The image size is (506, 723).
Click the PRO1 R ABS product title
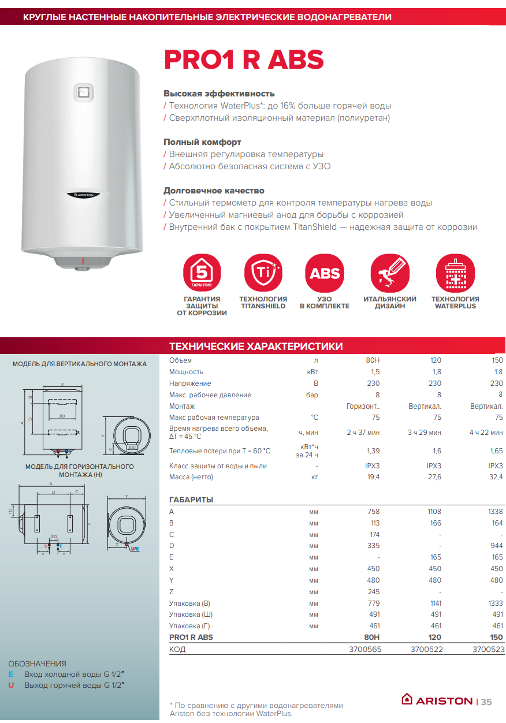pyautogui.click(x=243, y=60)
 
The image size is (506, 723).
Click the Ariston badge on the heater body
pyautogui.click(x=84, y=195)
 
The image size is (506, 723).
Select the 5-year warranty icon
pyautogui.click(x=202, y=273)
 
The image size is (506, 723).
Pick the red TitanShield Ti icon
pyautogui.click(x=263, y=273)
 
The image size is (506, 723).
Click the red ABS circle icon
pyautogui.click(x=325, y=273)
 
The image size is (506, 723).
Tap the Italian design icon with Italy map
pyautogui.click(x=389, y=273)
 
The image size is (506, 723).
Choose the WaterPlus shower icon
pyautogui.click(x=455, y=273)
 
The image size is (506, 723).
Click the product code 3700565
pyautogui.click(x=365, y=649)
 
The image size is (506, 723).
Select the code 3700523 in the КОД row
pyautogui.click(x=488, y=649)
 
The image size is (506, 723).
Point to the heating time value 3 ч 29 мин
pyautogui.click(x=425, y=432)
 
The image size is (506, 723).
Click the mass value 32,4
pyautogui.click(x=496, y=477)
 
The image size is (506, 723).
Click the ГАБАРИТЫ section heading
pyautogui.click(x=191, y=500)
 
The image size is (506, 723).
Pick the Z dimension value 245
pyautogui.click(x=373, y=592)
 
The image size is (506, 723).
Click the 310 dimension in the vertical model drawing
pyautogui.click(x=61, y=416)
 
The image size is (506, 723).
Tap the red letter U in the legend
pyautogui.click(x=10, y=685)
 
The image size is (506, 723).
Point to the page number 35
pyautogui.click(x=486, y=702)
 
